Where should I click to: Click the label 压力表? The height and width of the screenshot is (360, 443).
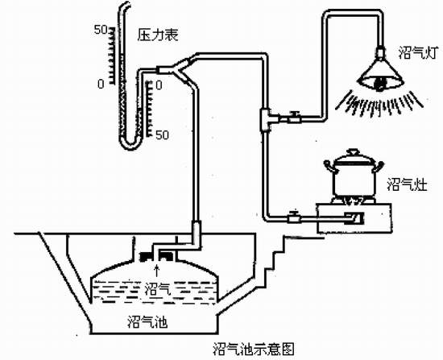click(158, 35)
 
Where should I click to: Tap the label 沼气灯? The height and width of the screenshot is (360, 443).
click(418, 53)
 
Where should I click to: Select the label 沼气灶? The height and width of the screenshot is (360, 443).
click(407, 184)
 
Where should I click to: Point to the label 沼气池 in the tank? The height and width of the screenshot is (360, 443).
click(147, 321)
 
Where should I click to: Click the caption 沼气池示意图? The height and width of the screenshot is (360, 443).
click(253, 349)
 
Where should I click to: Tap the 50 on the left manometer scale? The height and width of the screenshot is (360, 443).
click(101, 30)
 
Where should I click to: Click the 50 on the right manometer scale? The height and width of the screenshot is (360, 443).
click(162, 135)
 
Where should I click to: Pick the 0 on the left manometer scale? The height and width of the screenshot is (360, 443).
click(101, 84)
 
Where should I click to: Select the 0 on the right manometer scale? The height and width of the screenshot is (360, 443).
click(159, 85)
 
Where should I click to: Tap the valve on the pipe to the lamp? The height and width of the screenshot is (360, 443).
click(294, 117)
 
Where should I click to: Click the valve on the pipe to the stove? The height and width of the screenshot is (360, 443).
click(294, 217)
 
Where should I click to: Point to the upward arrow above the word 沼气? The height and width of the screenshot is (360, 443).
click(157, 271)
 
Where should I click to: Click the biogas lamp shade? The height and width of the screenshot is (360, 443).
click(380, 74)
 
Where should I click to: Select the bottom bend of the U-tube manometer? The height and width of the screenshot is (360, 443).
click(130, 144)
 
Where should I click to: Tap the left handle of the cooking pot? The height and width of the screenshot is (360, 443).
click(330, 166)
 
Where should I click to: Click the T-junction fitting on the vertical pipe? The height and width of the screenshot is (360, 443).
click(266, 119)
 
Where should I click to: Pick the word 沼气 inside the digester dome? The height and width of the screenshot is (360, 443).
click(156, 289)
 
